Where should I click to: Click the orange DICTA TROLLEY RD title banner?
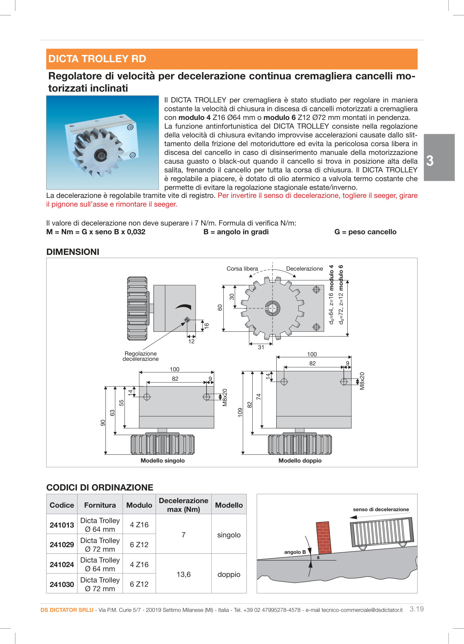coord(232,59)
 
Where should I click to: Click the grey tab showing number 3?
coord(439,158)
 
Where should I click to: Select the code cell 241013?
coord(62,525)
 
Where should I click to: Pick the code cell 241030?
coord(62,584)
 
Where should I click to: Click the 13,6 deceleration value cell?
coord(183,574)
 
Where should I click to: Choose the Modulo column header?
coord(139,505)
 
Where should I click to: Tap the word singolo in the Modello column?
coord(229,535)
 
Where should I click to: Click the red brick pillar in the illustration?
coord(324,538)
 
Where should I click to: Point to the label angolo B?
coord(295,552)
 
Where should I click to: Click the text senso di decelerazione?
coord(381,509)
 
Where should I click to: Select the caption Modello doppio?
coord(300,460)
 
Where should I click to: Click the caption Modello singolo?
coord(162,460)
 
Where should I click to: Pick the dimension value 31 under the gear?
coord(261,347)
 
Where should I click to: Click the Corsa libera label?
coord(242,269)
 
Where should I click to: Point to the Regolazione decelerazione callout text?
coord(140,356)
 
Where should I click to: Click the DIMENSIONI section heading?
coord(73,252)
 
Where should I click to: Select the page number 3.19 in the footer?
coord(416,609)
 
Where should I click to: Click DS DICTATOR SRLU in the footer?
coord(67,610)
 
